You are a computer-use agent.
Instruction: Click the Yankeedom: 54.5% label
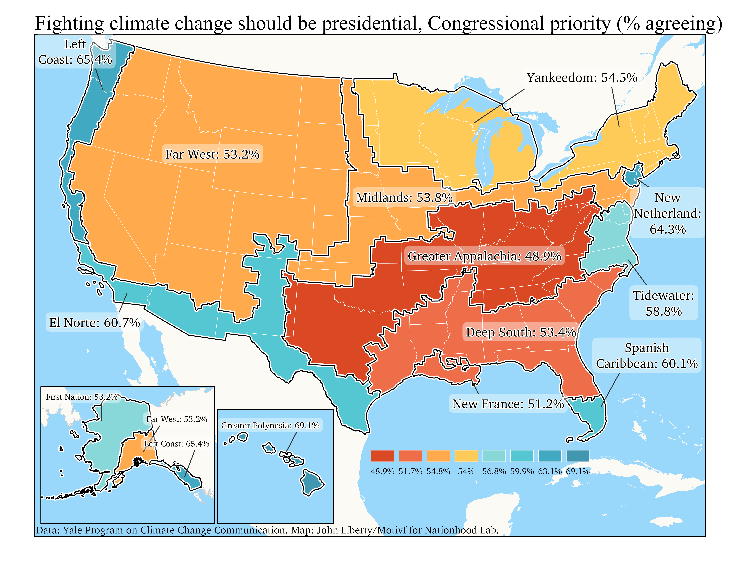pyautogui.click(x=582, y=78)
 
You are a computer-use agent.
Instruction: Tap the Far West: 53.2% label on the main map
pyautogui.click(x=212, y=154)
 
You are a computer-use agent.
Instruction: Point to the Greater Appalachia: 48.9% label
pyautogui.click(x=484, y=256)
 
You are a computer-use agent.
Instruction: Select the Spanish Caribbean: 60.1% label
pyautogui.click(x=647, y=356)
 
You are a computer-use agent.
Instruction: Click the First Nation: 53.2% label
pyautogui.click(x=82, y=397)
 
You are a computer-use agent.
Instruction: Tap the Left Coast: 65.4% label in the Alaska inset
pyautogui.click(x=176, y=444)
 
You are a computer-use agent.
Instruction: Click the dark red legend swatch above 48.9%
pyautogui.click(x=382, y=456)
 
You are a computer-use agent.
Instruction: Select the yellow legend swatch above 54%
pyautogui.click(x=466, y=456)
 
